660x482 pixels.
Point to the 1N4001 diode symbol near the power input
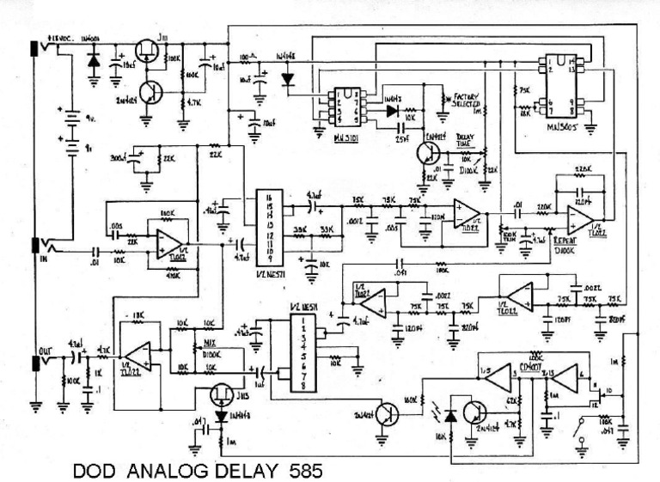(x=92, y=59)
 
